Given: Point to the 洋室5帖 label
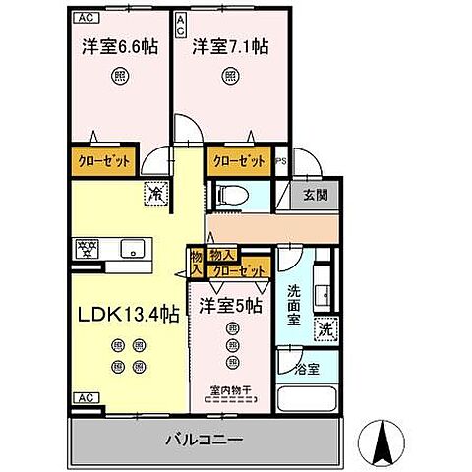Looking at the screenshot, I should (x=232, y=306).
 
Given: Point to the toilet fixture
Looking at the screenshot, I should (x=225, y=194).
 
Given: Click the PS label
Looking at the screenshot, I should (x=282, y=162).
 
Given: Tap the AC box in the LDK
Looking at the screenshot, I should (x=84, y=397).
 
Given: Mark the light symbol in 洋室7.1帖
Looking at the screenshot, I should (x=230, y=76).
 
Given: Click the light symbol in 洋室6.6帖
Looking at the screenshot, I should (x=118, y=76).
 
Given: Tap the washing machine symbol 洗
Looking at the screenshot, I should (x=324, y=331).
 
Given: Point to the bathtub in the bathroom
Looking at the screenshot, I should (x=308, y=400).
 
